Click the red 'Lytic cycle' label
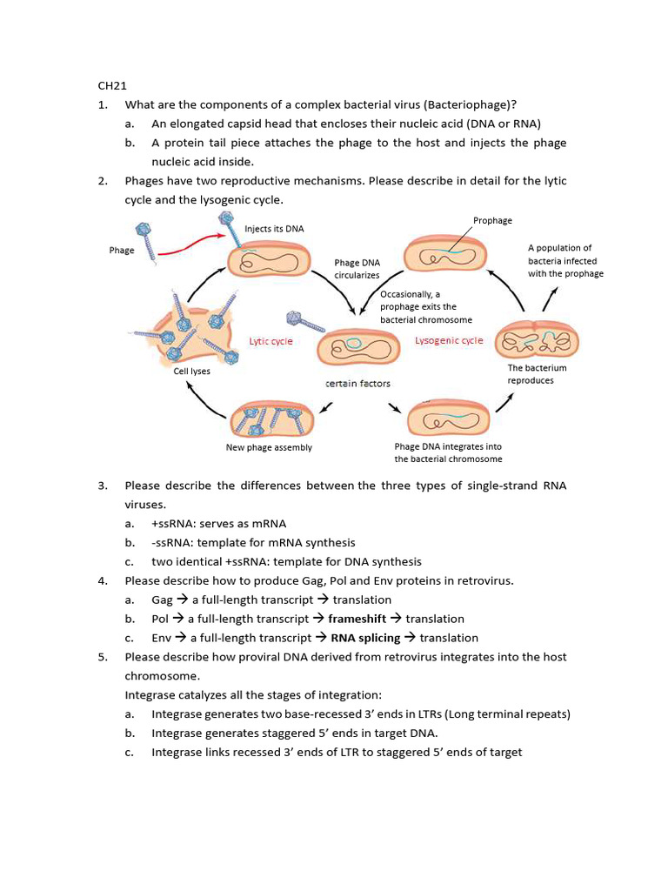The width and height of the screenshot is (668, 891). coord(271,341)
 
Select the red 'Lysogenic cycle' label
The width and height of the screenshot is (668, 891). coord(448,340)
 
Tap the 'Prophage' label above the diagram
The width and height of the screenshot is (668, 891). coord(492,220)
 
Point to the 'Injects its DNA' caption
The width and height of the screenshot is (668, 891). coord(274,229)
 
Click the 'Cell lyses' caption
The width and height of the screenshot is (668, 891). coord(191,371)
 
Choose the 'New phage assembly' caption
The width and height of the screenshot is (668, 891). coord(268,447)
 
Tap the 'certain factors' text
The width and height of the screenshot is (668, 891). coord(357,383)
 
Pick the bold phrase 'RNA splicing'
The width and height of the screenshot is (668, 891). coord(365,638)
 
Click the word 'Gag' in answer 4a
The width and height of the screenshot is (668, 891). coord(162,600)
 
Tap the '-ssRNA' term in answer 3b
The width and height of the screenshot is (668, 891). coord(170,542)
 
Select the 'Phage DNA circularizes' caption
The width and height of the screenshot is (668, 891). coord(357,268)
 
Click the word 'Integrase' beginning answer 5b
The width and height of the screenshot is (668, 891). coord(177,734)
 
